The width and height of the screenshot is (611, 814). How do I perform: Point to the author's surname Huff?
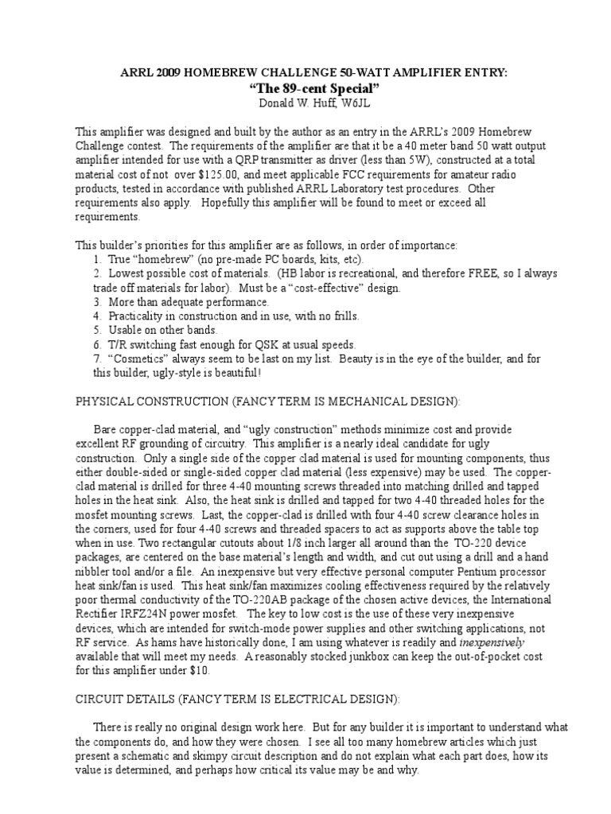[x=312, y=102]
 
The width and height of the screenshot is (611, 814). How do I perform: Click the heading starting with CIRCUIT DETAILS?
[x=234, y=699]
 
